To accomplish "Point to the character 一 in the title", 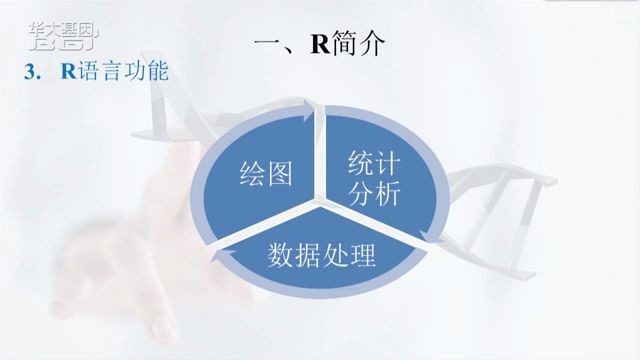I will tap(266, 46).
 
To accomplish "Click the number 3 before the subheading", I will tap(32, 72).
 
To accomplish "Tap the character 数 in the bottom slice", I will tap(281, 256).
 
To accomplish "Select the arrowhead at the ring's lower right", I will tap(427, 237).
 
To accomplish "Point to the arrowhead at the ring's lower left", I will tap(222, 258).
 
